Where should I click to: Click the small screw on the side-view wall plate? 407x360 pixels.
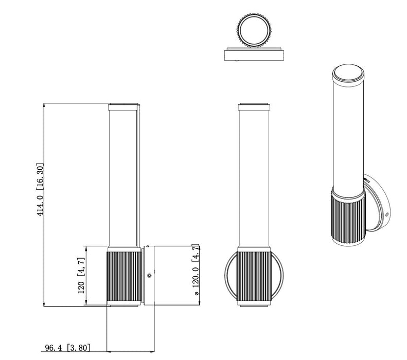pos(149,276)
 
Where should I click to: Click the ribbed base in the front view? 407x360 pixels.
pos(254,276)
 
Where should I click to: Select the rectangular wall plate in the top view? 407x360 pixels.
pos(254,55)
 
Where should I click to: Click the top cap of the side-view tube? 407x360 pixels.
pos(124,108)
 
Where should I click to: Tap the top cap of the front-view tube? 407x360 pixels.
pos(254,108)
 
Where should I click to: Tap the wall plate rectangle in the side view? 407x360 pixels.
pos(147,276)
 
